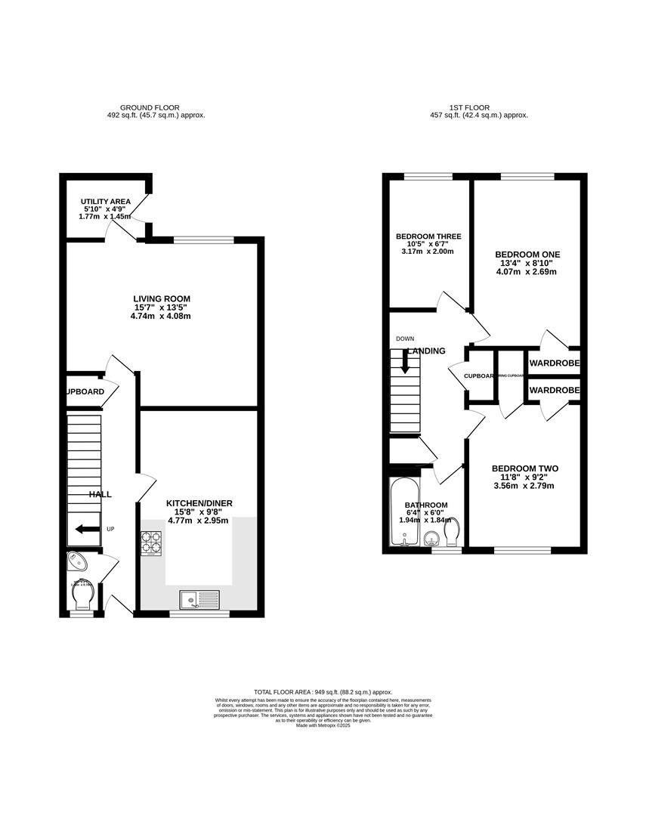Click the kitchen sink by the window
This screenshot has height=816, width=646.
199,600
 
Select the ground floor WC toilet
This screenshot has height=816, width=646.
82,598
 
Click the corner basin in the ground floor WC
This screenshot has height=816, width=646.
77,561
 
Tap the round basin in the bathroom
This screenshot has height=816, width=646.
432,539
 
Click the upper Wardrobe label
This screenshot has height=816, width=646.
554,363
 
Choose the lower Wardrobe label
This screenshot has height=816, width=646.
554,390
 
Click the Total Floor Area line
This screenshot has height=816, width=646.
323,691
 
